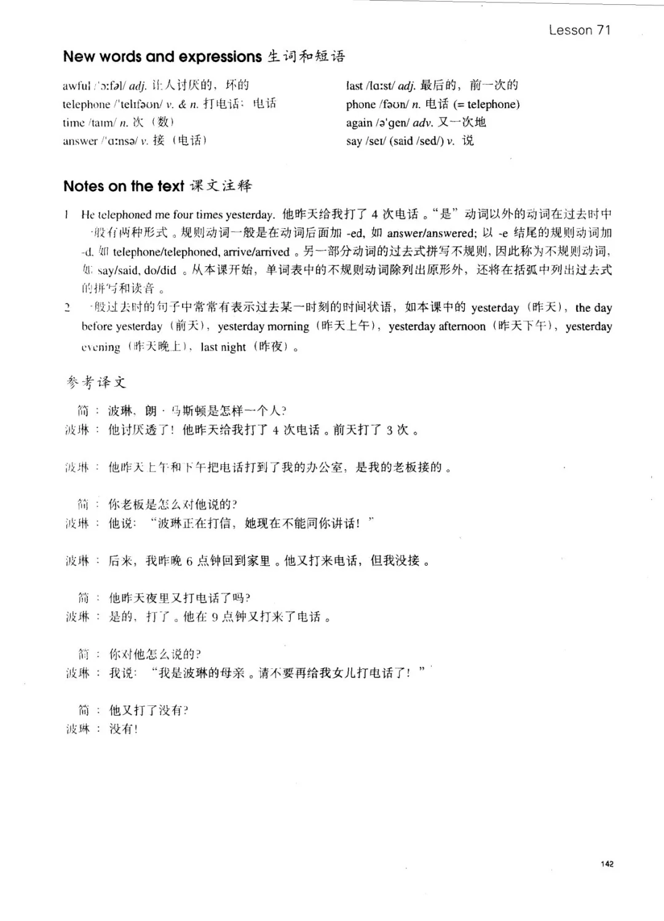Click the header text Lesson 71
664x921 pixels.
pos(579,30)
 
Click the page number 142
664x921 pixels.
pos(607,864)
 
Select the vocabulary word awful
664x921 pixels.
pos(76,85)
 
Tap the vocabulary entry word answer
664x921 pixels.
pos(80,141)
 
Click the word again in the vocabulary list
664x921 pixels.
pos(359,123)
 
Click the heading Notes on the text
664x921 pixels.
pos(124,186)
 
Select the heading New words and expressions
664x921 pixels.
pos(162,57)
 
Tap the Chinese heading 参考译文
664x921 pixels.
pos(96,382)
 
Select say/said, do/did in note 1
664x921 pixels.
pos(137,271)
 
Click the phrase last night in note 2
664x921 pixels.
pos(223,347)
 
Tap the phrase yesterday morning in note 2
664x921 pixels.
pos(263,326)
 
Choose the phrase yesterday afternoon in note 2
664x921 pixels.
pos(437,326)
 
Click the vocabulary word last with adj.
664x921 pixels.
pos(354,85)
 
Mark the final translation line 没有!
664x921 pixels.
pos(124,729)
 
